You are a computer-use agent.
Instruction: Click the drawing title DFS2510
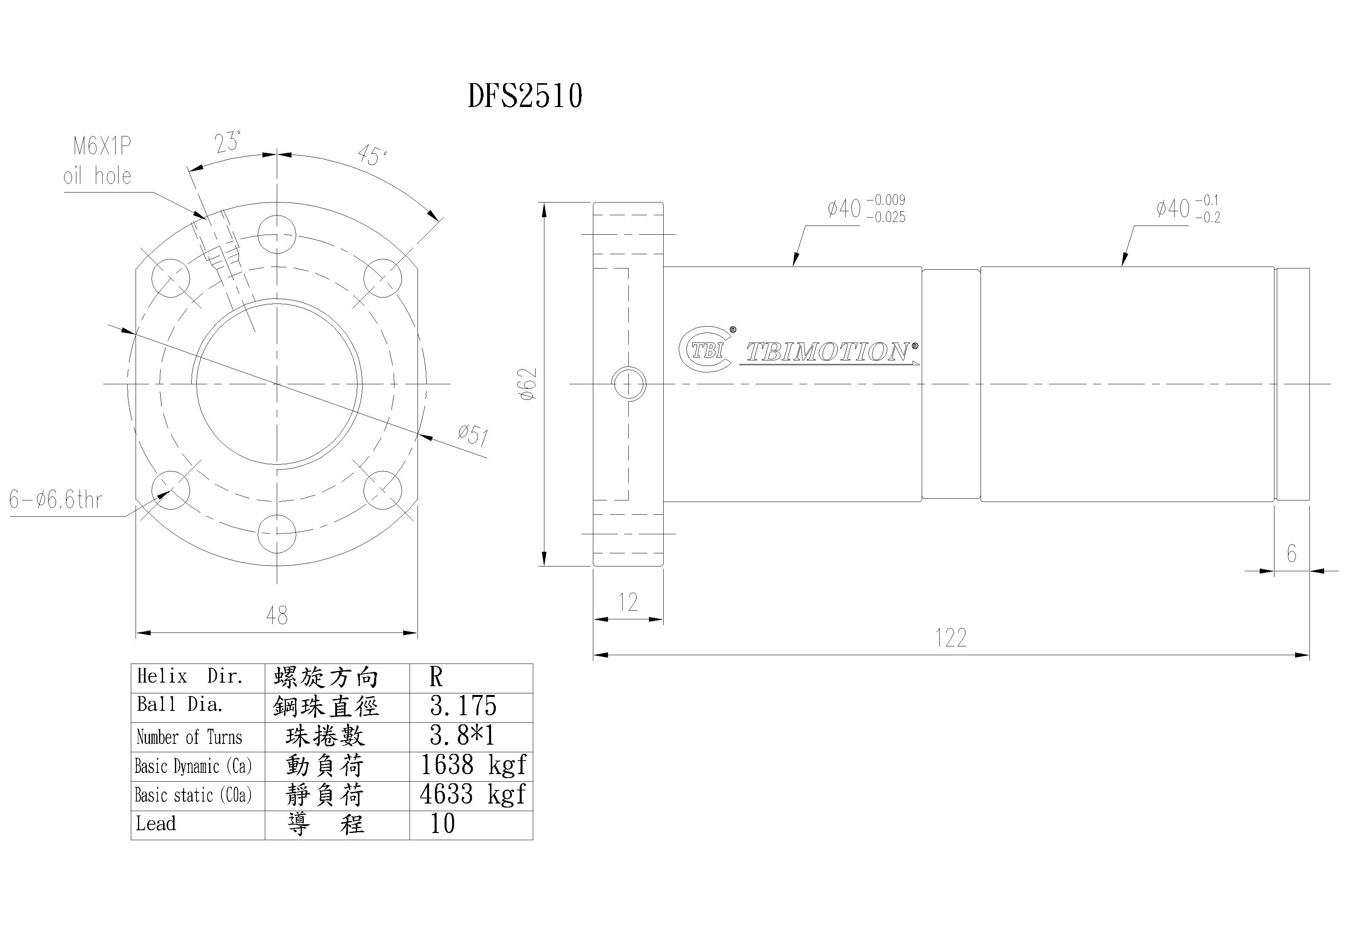click(525, 96)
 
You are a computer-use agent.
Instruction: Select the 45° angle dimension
click(372, 156)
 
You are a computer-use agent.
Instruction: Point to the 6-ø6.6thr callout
click(56, 500)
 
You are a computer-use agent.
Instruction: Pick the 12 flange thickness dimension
click(627, 602)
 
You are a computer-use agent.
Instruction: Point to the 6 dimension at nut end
click(1291, 553)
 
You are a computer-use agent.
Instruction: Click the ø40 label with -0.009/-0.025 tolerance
click(866, 208)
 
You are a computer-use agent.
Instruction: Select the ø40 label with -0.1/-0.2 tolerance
click(1188, 208)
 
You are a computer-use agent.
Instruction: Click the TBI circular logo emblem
click(706, 350)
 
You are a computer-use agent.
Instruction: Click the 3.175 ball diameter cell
click(463, 706)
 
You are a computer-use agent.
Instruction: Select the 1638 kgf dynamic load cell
click(473, 765)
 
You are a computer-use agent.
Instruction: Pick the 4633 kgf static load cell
click(473, 795)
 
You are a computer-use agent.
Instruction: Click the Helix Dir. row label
click(190, 676)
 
